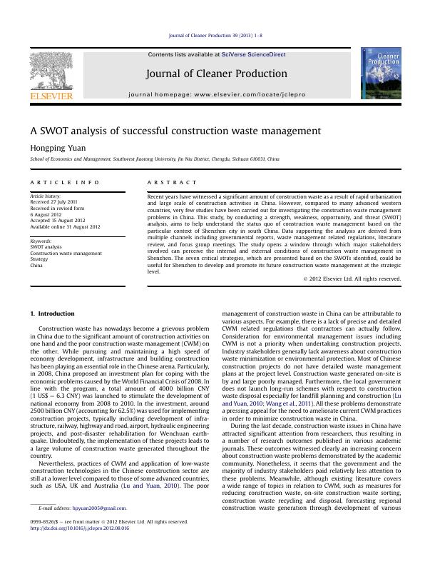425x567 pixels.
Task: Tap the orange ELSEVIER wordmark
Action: (x=51, y=95)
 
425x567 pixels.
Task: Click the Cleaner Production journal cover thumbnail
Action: (x=380, y=74)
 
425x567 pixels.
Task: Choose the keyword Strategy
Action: (x=39, y=259)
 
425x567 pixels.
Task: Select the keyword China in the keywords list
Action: (x=36, y=265)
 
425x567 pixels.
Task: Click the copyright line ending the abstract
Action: (x=352, y=279)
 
